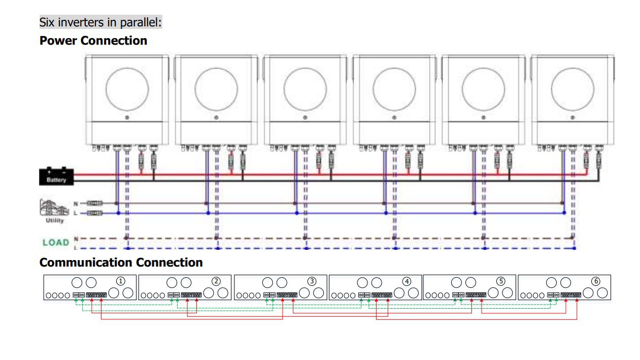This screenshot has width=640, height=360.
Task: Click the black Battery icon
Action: (x=56, y=176)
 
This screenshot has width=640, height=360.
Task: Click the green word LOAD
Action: (x=56, y=242)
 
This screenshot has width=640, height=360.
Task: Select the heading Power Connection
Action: (x=93, y=41)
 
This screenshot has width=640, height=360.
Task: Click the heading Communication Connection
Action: (x=121, y=263)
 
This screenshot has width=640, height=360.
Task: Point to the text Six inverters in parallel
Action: (x=100, y=22)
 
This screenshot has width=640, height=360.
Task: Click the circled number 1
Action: (x=120, y=281)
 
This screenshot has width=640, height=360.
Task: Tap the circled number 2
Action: (x=216, y=281)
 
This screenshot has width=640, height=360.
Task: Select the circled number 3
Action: (x=312, y=281)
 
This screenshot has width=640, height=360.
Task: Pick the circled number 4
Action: (x=406, y=281)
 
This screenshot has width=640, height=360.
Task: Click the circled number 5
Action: (x=501, y=281)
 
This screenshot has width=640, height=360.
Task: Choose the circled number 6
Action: (x=596, y=281)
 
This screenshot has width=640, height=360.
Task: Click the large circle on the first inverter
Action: (x=127, y=89)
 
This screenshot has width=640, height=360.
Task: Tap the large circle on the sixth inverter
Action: (x=572, y=89)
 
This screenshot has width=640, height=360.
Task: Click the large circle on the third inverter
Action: (x=305, y=89)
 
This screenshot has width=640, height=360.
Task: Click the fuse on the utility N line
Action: (x=94, y=203)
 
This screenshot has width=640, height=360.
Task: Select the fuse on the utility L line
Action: (x=94, y=213)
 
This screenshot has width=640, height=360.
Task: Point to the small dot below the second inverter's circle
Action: (x=216, y=117)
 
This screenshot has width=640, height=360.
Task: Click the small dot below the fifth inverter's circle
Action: (x=483, y=117)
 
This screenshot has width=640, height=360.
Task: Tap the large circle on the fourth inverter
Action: (x=394, y=89)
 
